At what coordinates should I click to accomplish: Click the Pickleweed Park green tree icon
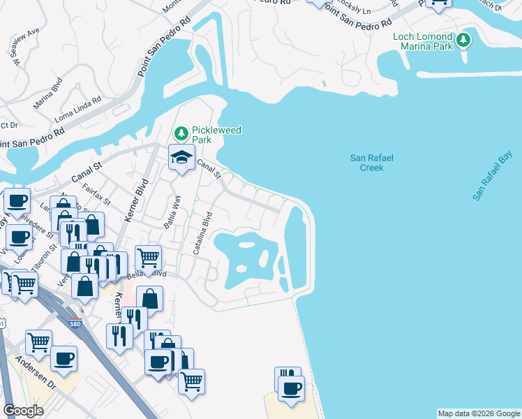coord(181,133)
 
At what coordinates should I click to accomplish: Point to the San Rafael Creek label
coord(371,163)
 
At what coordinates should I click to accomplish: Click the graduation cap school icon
coord(181,158)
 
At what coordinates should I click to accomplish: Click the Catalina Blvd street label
coord(202,238)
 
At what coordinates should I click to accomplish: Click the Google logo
coord(23,411)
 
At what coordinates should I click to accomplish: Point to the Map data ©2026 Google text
coord(478,413)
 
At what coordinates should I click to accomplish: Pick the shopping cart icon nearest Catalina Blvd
coord(148,258)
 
